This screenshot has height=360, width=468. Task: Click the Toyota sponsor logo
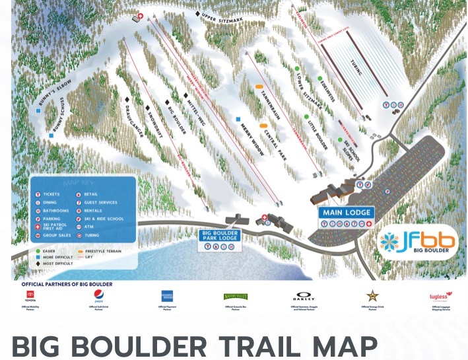(31, 299)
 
